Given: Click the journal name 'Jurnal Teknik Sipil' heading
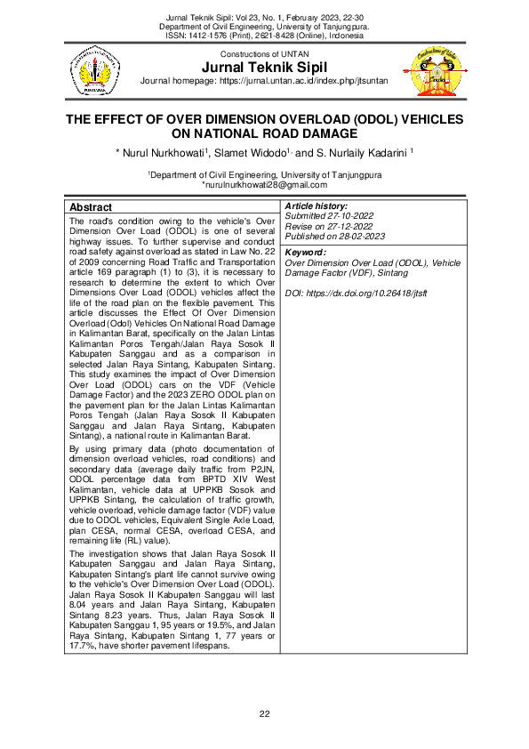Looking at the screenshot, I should pyautogui.click(x=264, y=68).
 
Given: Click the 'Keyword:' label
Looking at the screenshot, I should pyautogui.click(x=305, y=254).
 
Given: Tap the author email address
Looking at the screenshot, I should pyautogui.click(x=264, y=185).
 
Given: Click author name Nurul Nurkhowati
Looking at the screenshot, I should pyautogui.click(x=162, y=153).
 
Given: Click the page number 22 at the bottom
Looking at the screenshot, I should pyautogui.click(x=264, y=714).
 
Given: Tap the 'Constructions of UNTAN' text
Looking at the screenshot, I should pyautogui.click(x=264, y=55).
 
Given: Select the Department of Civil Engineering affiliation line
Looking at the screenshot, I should pyautogui.click(x=264, y=175).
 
